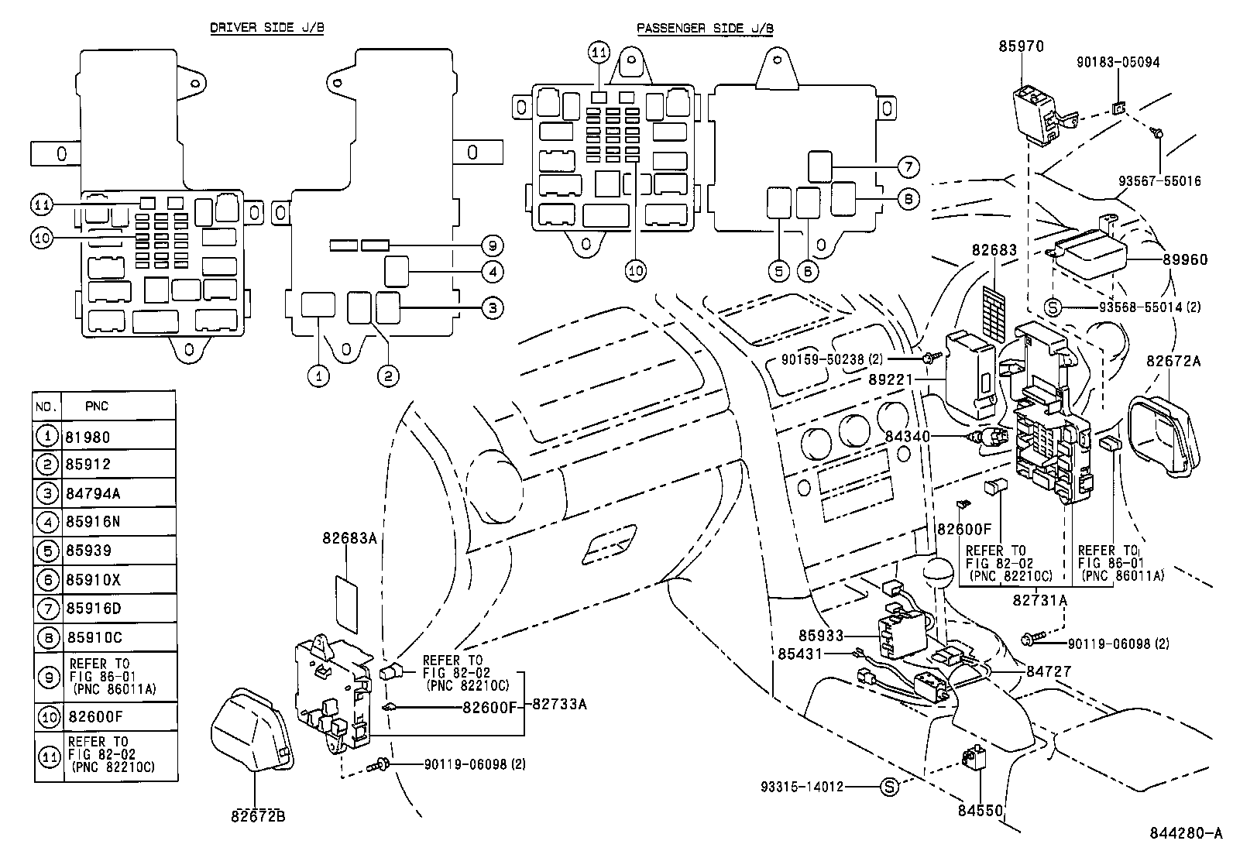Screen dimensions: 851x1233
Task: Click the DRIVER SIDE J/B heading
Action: (x=267, y=27)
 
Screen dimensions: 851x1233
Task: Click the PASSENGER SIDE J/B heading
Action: (x=705, y=29)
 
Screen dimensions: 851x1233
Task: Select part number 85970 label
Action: (x=1022, y=46)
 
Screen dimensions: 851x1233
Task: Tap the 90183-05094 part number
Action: (x=1118, y=62)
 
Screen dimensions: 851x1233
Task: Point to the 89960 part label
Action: (x=1184, y=259)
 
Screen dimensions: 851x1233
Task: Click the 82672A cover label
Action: (x=1173, y=361)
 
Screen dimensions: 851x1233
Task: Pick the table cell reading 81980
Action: (x=88, y=437)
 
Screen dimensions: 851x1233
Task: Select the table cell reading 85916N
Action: (x=93, y=522)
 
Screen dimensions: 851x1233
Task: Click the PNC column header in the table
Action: (x=96, y=406)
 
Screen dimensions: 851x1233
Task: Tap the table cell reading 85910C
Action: (x=94, y=637)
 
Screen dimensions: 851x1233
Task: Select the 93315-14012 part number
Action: (x=802, y=787)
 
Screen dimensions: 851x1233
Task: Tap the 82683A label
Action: (x=349, y=537)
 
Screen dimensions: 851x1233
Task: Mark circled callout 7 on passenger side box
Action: (x=908, y=166)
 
